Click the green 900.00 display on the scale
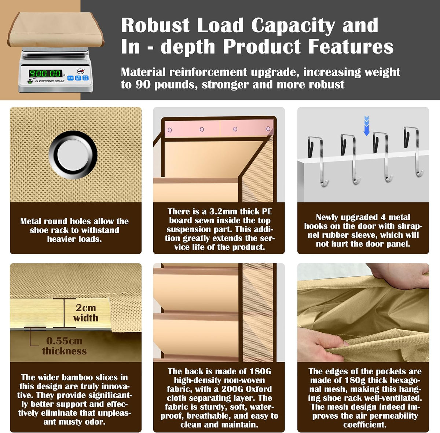point(45,73)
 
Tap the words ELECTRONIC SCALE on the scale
point(49,81)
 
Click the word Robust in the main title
point(155,25)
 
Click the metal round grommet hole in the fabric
point(73,155)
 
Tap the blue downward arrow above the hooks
point(366,126)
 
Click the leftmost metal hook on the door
point(317,160)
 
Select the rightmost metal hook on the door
point(413,151)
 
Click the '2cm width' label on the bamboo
point(86,313)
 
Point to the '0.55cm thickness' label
point(64,346)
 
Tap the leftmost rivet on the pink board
point(170,130)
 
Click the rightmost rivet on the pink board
point(268,129)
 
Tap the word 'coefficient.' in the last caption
point(365,425)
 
